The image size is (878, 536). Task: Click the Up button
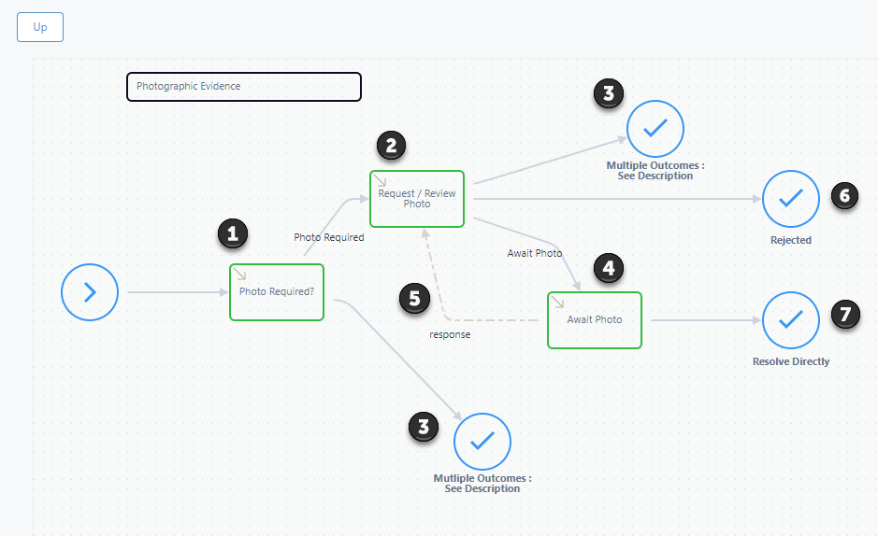pos(40,27)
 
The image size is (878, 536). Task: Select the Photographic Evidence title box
pos(244,87)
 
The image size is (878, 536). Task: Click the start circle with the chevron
pos(90,292)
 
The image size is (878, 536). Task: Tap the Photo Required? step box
pos(277,292)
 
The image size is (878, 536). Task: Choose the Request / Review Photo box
pos(417,199)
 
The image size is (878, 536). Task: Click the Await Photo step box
pos(595,320)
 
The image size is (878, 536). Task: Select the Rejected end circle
pos(791,199)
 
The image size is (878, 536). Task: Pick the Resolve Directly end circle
pos(791,320)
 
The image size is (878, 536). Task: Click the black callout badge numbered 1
pos(233,233)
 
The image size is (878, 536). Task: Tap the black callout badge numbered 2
pos(391,146)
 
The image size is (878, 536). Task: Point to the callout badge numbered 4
pos(609,268)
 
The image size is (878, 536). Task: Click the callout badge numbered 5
pos(414,299)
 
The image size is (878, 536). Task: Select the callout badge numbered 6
pos(845,195)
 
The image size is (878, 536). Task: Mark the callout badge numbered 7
pos(845,314)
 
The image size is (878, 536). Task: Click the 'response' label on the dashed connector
pos(450,335)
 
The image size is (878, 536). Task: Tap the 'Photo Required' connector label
pos(329,237)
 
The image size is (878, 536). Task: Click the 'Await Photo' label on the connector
pos(535,253)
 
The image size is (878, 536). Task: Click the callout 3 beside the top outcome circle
pos(609,93)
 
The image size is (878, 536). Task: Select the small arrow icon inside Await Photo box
pos(557,302)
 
